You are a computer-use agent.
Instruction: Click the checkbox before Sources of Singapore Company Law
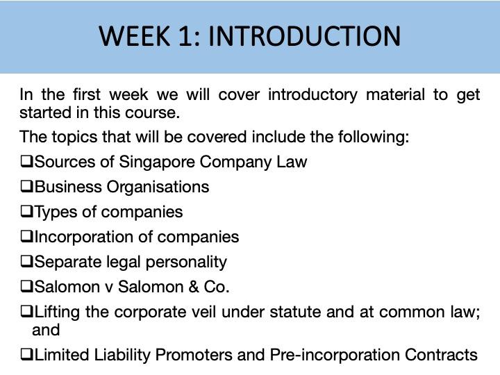[26, 162]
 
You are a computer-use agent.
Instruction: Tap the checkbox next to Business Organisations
[26, 187]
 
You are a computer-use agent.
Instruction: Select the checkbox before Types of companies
[26, 212]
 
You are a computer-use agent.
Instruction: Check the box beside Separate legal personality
[26, 262]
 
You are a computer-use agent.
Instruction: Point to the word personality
[187, 262]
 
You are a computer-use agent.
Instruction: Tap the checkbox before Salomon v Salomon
[26, 287]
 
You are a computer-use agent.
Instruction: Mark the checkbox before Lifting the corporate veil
[26, 312]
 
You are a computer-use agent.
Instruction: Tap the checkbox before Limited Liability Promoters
[26, 355]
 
